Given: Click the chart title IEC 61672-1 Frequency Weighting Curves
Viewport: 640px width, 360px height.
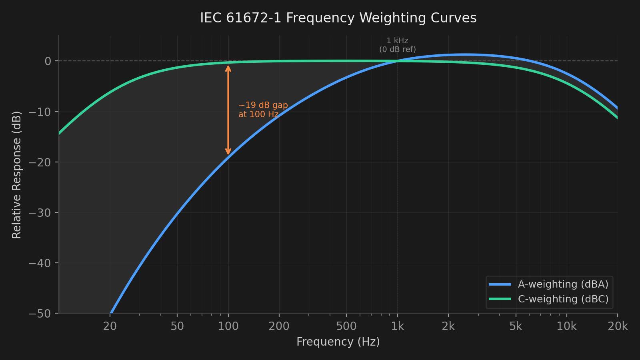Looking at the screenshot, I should point(338,18).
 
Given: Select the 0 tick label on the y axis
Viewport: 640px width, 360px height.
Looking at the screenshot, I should point(48,61).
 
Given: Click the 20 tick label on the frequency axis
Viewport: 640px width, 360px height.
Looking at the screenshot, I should point(110,326).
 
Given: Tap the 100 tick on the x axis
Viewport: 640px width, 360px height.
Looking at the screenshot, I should point(228,326).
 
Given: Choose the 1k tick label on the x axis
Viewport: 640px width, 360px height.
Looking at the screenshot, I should point(397,326).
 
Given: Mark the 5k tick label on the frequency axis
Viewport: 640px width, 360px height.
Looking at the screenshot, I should point(516,326).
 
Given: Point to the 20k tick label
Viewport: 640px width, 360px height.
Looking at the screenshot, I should point(618,326).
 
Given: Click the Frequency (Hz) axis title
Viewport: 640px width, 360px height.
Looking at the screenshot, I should point(338,342).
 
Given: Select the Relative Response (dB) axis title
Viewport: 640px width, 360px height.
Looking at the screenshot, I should point(17,175).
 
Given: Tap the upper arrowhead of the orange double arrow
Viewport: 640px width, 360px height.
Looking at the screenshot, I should point(228,68).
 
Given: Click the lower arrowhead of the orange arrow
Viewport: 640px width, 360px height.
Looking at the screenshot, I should point(228,152).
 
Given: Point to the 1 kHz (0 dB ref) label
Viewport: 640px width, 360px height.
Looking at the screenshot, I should point(397,45).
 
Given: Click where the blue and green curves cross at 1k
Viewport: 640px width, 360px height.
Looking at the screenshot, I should point(397,61).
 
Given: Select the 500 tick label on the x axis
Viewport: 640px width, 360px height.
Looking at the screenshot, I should point(346,326).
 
